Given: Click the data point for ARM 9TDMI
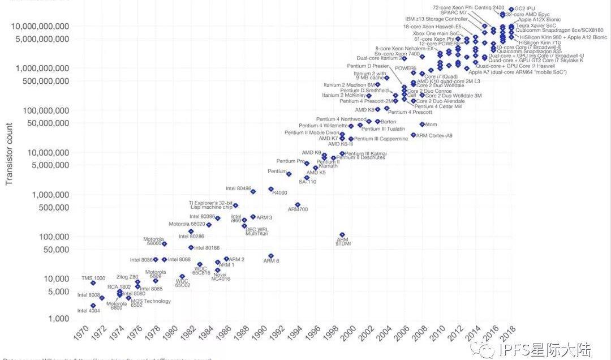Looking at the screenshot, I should (x=342, y=234).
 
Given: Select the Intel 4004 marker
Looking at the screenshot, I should (x=93, y=306).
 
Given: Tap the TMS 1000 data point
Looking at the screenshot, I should (x=93, y=283).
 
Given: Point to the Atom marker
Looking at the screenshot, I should (x=422, y=125).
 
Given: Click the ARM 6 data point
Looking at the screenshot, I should (x=271, y=256).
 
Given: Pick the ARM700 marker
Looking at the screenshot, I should (x=298, y=205).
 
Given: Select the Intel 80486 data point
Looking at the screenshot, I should (x=253, y=192).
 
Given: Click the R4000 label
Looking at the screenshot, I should (x=280, y=193).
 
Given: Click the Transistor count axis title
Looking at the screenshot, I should (x=8, y=153).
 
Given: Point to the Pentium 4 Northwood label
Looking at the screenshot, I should (x=342, y=119).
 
